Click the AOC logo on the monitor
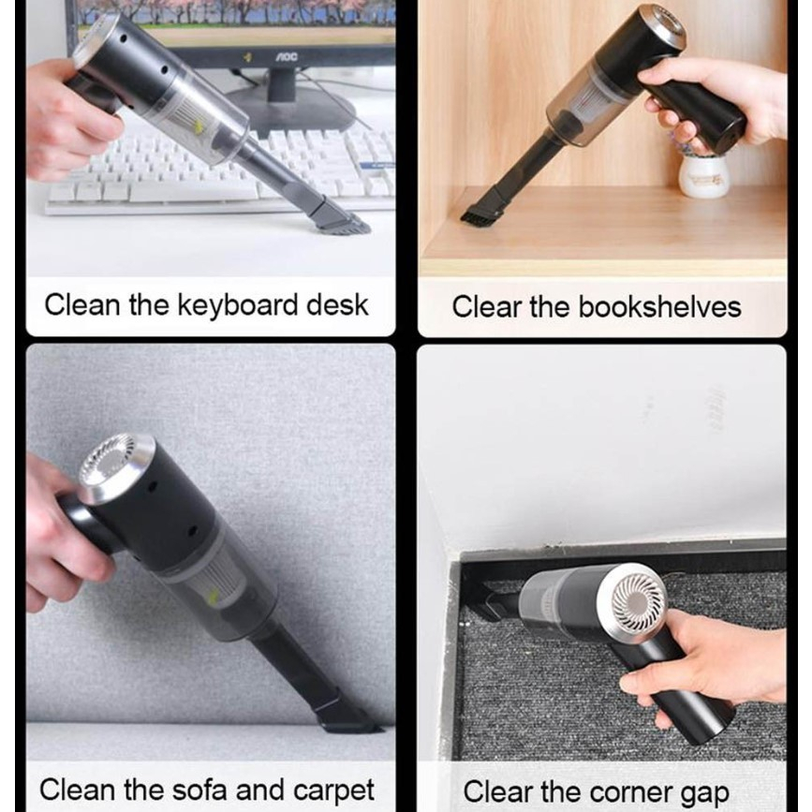[286, 57]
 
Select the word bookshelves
[659, 306]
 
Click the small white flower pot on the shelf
[703, 176]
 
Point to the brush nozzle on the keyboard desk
[339, 216]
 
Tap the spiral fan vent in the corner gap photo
[638, 598]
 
